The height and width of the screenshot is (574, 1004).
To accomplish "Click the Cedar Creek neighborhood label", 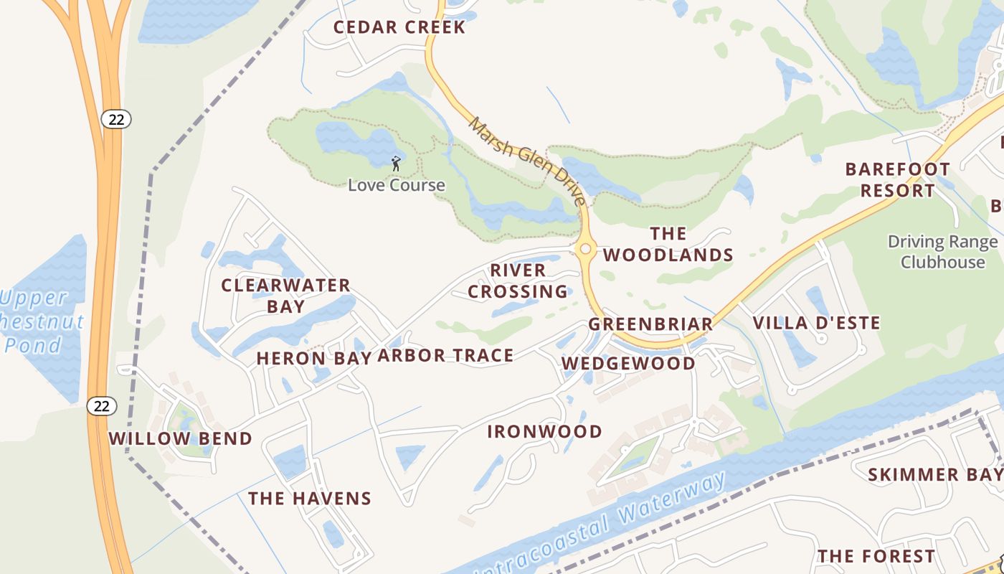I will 399,27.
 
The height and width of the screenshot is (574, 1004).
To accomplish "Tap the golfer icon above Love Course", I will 396,164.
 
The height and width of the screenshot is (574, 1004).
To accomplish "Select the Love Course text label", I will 397,185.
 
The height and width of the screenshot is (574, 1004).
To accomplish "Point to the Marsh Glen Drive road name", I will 527,161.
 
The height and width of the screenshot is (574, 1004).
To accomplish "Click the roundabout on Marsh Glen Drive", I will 586,248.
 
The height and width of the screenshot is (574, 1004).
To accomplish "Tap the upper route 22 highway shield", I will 116,119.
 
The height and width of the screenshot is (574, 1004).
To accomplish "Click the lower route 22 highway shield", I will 102,406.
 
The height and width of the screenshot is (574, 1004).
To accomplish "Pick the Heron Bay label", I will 314,358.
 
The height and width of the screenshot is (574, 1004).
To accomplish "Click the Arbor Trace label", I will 445,355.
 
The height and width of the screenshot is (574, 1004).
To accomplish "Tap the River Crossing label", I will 518,281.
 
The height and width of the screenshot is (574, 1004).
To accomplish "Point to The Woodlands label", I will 668,244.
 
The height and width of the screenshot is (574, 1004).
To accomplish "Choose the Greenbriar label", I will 651,324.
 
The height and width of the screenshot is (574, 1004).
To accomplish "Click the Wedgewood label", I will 628,363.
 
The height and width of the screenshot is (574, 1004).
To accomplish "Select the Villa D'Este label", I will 816,323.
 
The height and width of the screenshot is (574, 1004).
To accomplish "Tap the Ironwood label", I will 544,431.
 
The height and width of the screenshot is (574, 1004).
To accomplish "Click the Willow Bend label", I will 180,438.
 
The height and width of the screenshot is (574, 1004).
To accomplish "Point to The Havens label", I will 310,498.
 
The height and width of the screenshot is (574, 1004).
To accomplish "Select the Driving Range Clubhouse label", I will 942,252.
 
